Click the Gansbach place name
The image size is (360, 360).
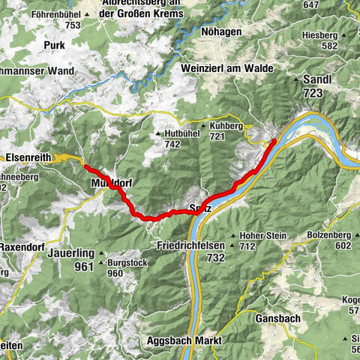point(276,318)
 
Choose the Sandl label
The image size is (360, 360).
point(323,79)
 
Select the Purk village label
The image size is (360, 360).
point(55,45)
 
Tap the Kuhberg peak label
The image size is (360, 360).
point(228,127)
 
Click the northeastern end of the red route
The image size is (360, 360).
point(274,140)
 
